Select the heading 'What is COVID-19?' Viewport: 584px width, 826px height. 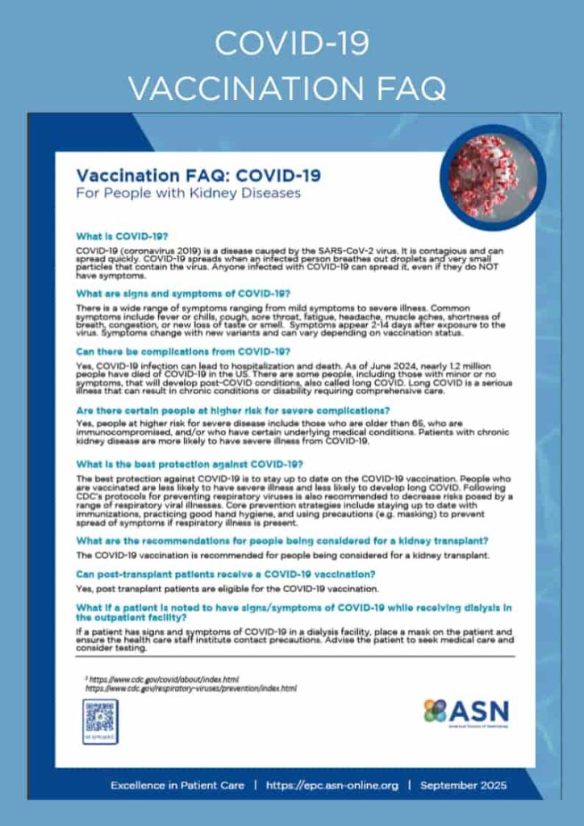click(122, 237)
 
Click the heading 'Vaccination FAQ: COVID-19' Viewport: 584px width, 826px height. click(198, 175)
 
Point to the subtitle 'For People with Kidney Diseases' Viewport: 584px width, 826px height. click(188, 194)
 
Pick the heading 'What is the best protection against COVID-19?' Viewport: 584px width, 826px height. click(190, 464)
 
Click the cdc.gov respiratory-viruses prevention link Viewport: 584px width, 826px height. click(191, 689)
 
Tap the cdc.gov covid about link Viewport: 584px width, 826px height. click(162, 679)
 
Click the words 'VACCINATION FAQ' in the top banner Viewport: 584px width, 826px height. click(292, 85)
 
